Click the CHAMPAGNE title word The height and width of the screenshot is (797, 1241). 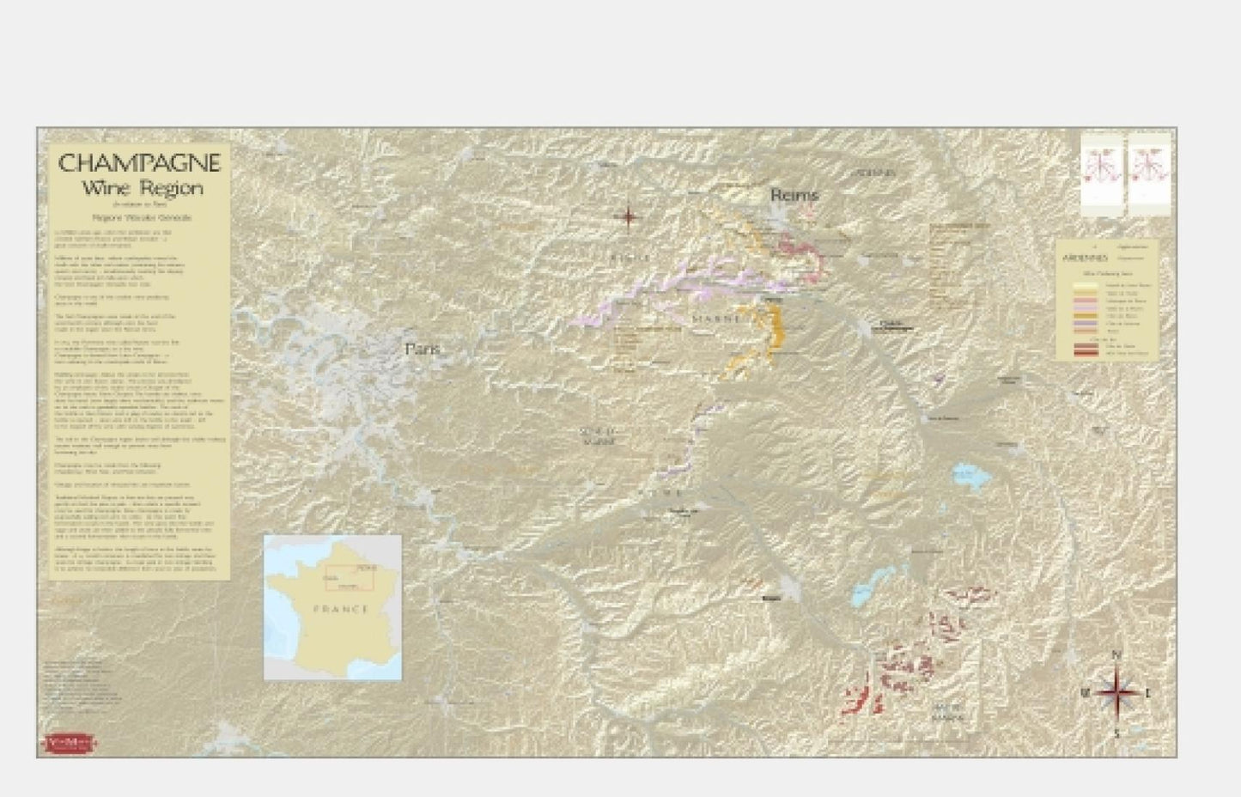click(x=139, y=163)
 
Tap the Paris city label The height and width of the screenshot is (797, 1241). click(x=422, y=350)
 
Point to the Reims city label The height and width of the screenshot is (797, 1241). click(x=794, y=196)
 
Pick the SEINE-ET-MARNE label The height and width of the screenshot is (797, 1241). click(x=598, y=436)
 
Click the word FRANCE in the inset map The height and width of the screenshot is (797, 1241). click(x=342, y=609)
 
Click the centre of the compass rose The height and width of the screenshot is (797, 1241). click(x=1116, y=692)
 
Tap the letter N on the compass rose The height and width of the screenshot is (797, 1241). click(x=1116, y=655)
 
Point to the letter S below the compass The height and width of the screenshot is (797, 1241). click(x=1116, y=734)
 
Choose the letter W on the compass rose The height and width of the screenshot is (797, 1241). click(x=1085, y=692)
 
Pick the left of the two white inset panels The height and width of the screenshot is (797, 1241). click(x=1102, y=174)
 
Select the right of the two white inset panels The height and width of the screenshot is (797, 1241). click(x=1149, y=174)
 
